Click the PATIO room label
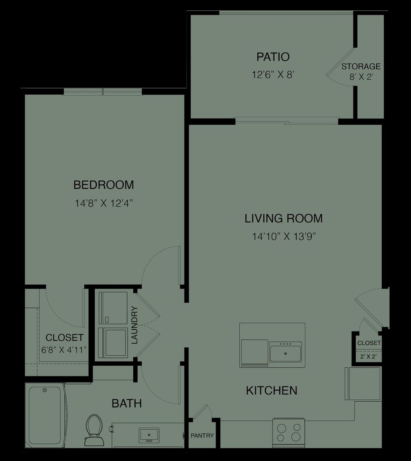273,57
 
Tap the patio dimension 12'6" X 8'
273,75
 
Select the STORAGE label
361,67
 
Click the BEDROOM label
104,185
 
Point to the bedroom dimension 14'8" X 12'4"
104,203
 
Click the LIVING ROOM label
284,218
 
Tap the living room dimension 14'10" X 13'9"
284,237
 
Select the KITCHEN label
271,390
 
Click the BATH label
126,403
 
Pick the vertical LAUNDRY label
134,325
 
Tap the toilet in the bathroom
94,430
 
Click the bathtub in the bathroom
45,414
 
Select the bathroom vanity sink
149,435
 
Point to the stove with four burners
288,433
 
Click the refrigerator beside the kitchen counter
364,384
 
